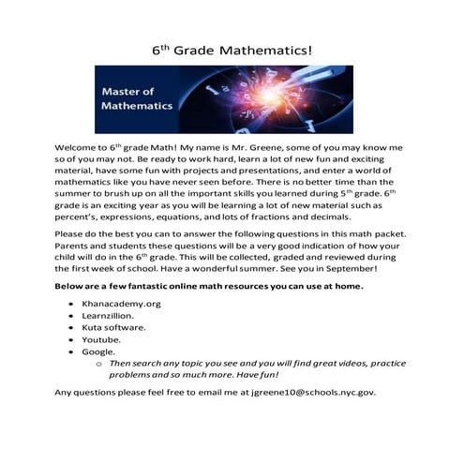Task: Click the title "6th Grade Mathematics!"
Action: [231, 47]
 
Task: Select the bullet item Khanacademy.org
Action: [122, 306]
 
